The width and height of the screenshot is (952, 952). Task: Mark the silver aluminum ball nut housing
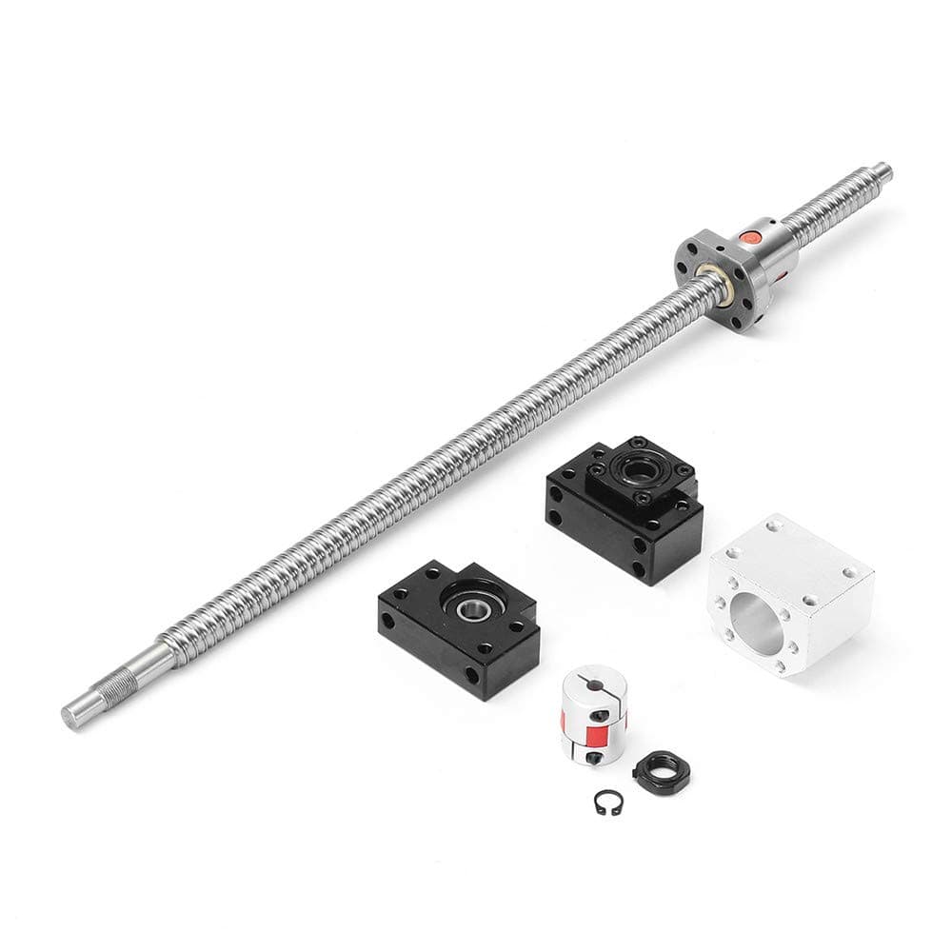coord(791,592)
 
